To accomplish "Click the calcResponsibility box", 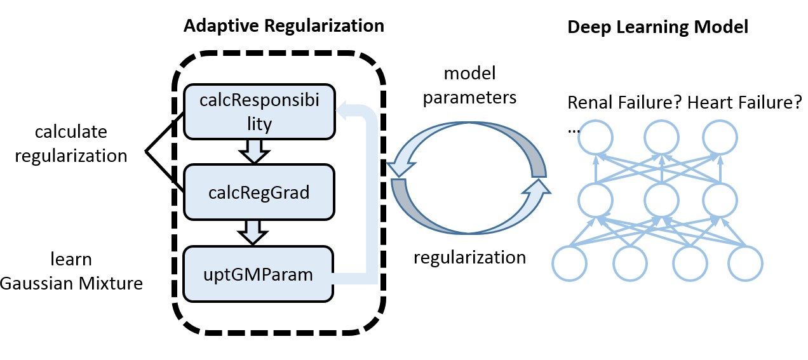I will tap(259, 112).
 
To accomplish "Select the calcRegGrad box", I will tap(259, 192).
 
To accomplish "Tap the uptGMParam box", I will tap(258, 274).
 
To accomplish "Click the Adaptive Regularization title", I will tap(283, 26).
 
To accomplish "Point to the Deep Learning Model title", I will tap(657, 27).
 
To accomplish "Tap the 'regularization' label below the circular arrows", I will tap(469, 257).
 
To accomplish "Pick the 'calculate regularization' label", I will tap(71, 143).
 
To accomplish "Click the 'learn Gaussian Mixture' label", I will tap(71, 271).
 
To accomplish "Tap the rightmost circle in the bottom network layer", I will tap(745, 263).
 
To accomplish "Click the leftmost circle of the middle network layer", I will tap(595, 199).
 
